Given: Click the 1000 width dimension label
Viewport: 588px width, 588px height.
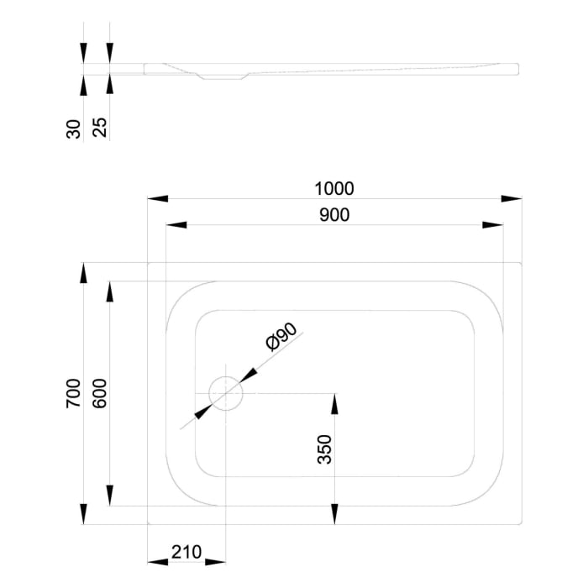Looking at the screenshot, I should (x=334, y=188).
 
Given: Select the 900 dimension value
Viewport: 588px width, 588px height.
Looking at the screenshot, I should (x=334, y=214).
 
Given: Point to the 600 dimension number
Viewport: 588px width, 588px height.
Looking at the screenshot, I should (x=99, y=393).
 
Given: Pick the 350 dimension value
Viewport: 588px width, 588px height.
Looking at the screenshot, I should (x=326, y=449).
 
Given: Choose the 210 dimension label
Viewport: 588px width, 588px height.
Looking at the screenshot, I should (x=186, y=552).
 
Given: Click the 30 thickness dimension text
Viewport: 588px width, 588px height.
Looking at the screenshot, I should (x=73, y=129).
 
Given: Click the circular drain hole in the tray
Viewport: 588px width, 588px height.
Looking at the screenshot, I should (x=226, y=392).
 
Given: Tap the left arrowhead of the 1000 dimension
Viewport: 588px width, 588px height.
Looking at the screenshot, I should (x=158, y=199).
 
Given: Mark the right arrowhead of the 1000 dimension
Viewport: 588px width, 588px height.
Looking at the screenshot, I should (x=512, y=199).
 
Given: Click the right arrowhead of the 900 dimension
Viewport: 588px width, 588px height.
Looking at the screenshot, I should (x=493, y=225).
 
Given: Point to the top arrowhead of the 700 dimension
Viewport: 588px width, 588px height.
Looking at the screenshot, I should (x=83, y=274).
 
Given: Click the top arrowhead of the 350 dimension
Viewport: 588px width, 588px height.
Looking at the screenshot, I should (x=335, y=403).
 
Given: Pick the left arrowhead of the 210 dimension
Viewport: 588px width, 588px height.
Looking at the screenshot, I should (x=158, y=562).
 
